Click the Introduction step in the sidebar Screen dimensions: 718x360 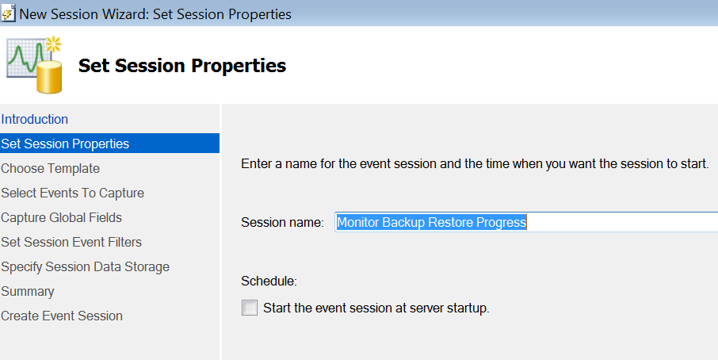click(34, 119)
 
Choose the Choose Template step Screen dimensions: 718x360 click(51, 169)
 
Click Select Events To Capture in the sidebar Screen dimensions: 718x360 click(72, 193)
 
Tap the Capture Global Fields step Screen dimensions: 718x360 click(61, 217)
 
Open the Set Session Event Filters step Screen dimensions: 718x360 click(71, 242)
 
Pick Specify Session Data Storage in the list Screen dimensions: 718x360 click(85, 267)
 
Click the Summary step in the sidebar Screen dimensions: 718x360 click(28, 291)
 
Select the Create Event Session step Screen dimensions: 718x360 click(62, 316)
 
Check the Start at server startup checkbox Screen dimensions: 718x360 click(250, 308)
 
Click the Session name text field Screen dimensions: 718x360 click(526, 222)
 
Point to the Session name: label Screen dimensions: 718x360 click(283, 223)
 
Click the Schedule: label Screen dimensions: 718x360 click(269, 281)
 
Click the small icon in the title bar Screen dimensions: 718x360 click(8, 13)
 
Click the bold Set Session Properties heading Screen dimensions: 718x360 click(182, 66)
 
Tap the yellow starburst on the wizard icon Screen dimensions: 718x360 click(54, 44)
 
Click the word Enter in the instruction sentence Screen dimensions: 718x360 click(257, 164)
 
